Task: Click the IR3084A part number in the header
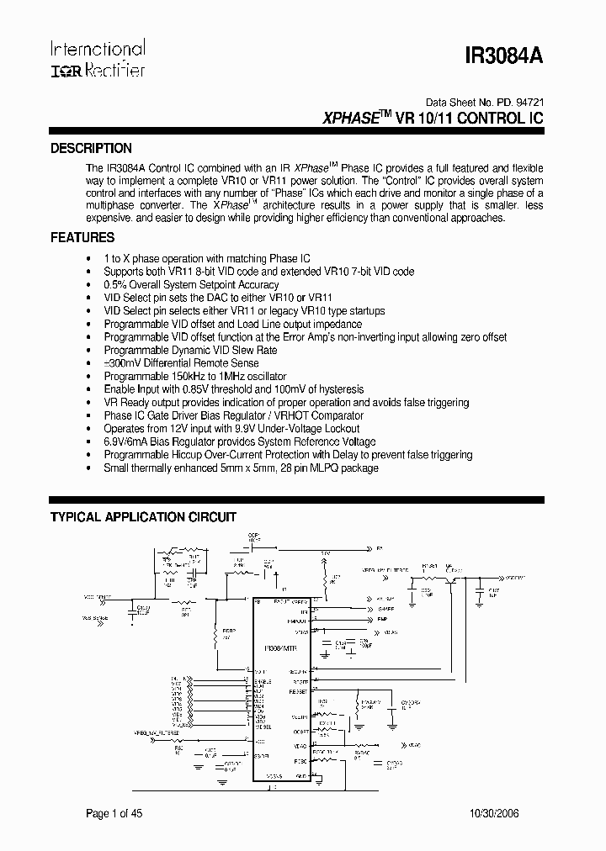tap(504, 56)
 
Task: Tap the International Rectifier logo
tap(97, 58)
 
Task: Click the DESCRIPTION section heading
tap(91, 148)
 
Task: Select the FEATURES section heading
tap(82, 238)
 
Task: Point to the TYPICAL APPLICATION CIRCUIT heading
tap(143, 517)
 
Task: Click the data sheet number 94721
tap(529, 98)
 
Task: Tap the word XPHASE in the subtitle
tap(349, 119)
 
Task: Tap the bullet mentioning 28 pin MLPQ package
tap(241, 468)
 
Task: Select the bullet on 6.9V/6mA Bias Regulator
tap(240, 441)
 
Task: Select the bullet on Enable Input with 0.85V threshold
tap(234, 389)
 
